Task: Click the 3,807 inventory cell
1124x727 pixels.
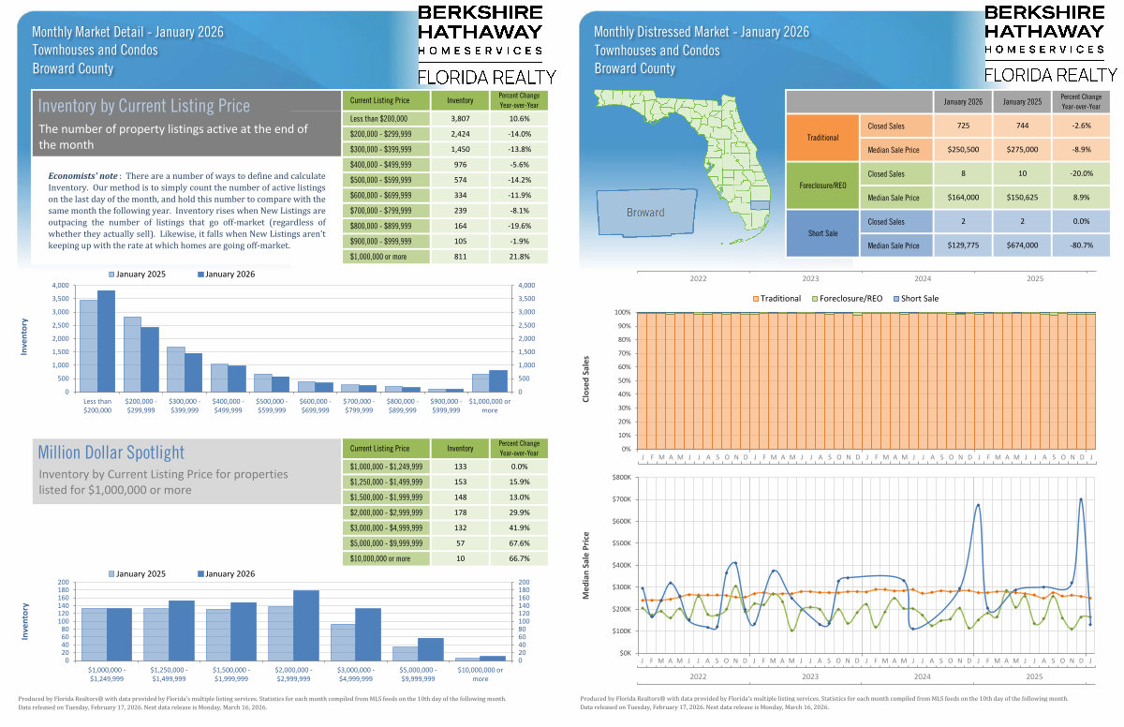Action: [x=460, y=119]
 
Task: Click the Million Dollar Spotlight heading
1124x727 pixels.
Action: [x=111, y=453]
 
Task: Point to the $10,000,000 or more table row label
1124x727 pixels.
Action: [x=379, y=558]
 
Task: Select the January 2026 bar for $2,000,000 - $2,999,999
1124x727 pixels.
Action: [x=306, y=625]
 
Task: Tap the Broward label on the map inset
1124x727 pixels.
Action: [x=645, y=213]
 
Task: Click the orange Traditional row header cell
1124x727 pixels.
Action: [x=823, y=138]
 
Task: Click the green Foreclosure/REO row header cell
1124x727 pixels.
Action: [x=823, y=185]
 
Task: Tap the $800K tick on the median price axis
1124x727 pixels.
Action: [x=620, y=477]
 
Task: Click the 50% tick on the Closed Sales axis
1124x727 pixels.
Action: [x=623, y=380]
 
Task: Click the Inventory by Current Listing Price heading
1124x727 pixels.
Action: [x=144, y=106]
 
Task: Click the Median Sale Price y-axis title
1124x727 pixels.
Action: [x=586, y=565]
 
